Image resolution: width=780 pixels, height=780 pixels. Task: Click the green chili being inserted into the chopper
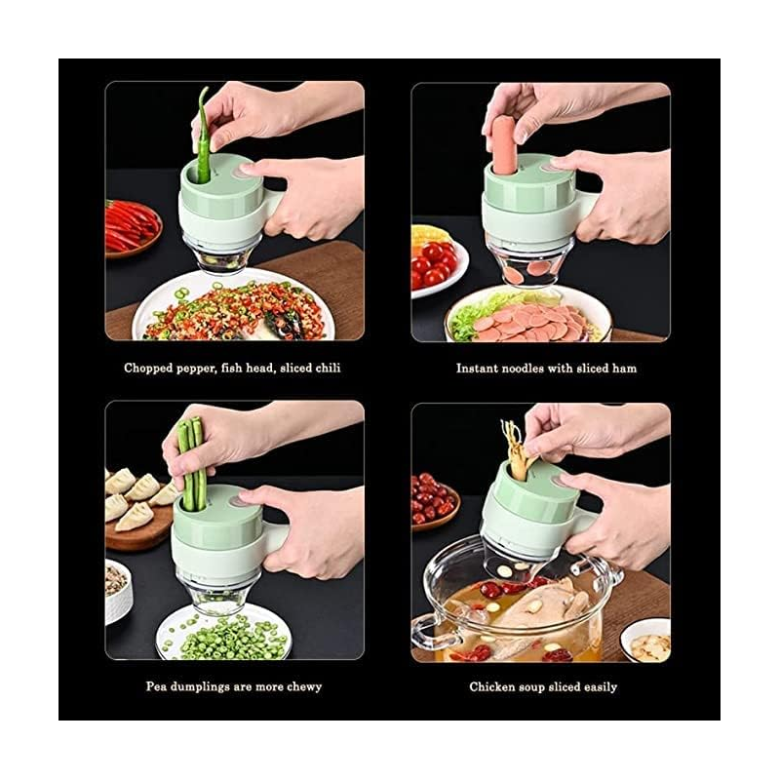pyautogui.click(x=203, y=136)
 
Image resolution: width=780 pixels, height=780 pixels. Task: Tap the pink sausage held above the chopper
pyautogui.click(x=504, y=146)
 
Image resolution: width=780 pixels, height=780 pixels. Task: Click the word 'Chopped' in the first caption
pyautogui.click(x=148, y=369)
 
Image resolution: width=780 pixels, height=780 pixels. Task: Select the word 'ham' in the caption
pyautogui.click(x=624, y=369)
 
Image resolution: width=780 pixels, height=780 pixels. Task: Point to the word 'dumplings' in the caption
pyautogui.click(x=200, y=687)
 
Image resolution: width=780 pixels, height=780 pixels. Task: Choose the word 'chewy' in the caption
pyautogui.click(x=304, y=687)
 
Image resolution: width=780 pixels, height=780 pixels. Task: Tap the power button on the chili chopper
pyautogui.click(x=245, y=169)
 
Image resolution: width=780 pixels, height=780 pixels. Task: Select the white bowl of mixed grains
pyautogui.click(x=117, y=591)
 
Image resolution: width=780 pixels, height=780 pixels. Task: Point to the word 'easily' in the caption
pyautogui.click(x=600, y=687)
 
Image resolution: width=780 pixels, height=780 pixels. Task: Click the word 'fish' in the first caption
pyautogui.click(x=233, y=369)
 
